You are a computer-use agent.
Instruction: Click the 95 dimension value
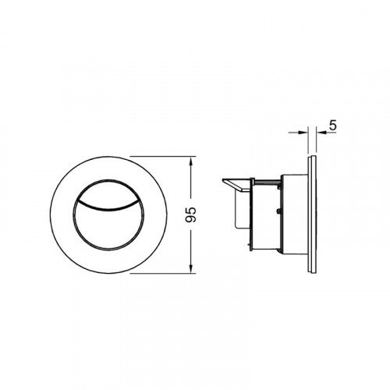(190, 214)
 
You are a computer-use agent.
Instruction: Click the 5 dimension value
(333, 126)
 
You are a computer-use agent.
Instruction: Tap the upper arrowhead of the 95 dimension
(191, 161)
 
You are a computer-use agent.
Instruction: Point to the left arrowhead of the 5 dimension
(303, 133)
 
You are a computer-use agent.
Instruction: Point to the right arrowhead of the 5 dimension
(321, 133)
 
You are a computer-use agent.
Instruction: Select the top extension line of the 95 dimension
(163, 157)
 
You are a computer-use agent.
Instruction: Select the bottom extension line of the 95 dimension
(163, 273)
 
